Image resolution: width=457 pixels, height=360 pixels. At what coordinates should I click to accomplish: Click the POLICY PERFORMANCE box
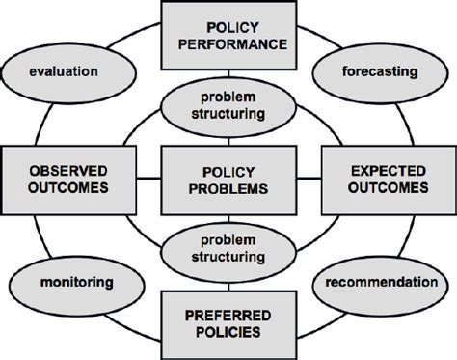pyautogui.click(x=228, y=35)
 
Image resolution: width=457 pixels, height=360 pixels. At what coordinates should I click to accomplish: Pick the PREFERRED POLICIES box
pyautogui.click(x=228, y=323)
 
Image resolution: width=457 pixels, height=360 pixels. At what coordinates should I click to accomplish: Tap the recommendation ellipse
pyautogui.click(x=379, y=283)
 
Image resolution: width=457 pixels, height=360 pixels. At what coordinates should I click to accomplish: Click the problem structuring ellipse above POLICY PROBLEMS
pyautogui.click(x=228, y=107)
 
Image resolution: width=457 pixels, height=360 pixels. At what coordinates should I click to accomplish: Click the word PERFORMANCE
pyautogui.click(x=228, y=44)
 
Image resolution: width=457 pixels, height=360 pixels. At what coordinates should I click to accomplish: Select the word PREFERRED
pyautogui.click(x=228, y=314)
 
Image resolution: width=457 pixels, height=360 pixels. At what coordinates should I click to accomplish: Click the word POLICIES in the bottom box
pyautogui.click(x=228, y=333)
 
